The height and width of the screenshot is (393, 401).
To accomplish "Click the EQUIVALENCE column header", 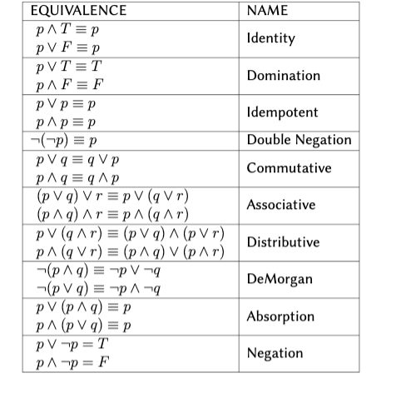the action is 78,11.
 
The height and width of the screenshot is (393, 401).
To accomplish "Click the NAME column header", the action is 268,11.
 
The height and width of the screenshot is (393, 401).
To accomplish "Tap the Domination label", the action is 283,76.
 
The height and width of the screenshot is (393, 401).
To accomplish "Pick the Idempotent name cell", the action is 282,112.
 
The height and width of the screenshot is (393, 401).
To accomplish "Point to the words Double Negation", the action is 300,140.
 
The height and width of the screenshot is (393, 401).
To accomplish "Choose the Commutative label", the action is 289,168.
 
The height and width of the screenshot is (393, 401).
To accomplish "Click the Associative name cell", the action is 281,205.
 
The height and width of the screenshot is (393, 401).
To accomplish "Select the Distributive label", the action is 283,242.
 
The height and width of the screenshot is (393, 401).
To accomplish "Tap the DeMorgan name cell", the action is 280,279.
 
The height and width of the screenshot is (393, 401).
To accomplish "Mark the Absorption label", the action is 280,316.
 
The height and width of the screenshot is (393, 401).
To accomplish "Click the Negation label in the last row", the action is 275,353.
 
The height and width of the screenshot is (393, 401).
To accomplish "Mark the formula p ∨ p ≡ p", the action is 67,104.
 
